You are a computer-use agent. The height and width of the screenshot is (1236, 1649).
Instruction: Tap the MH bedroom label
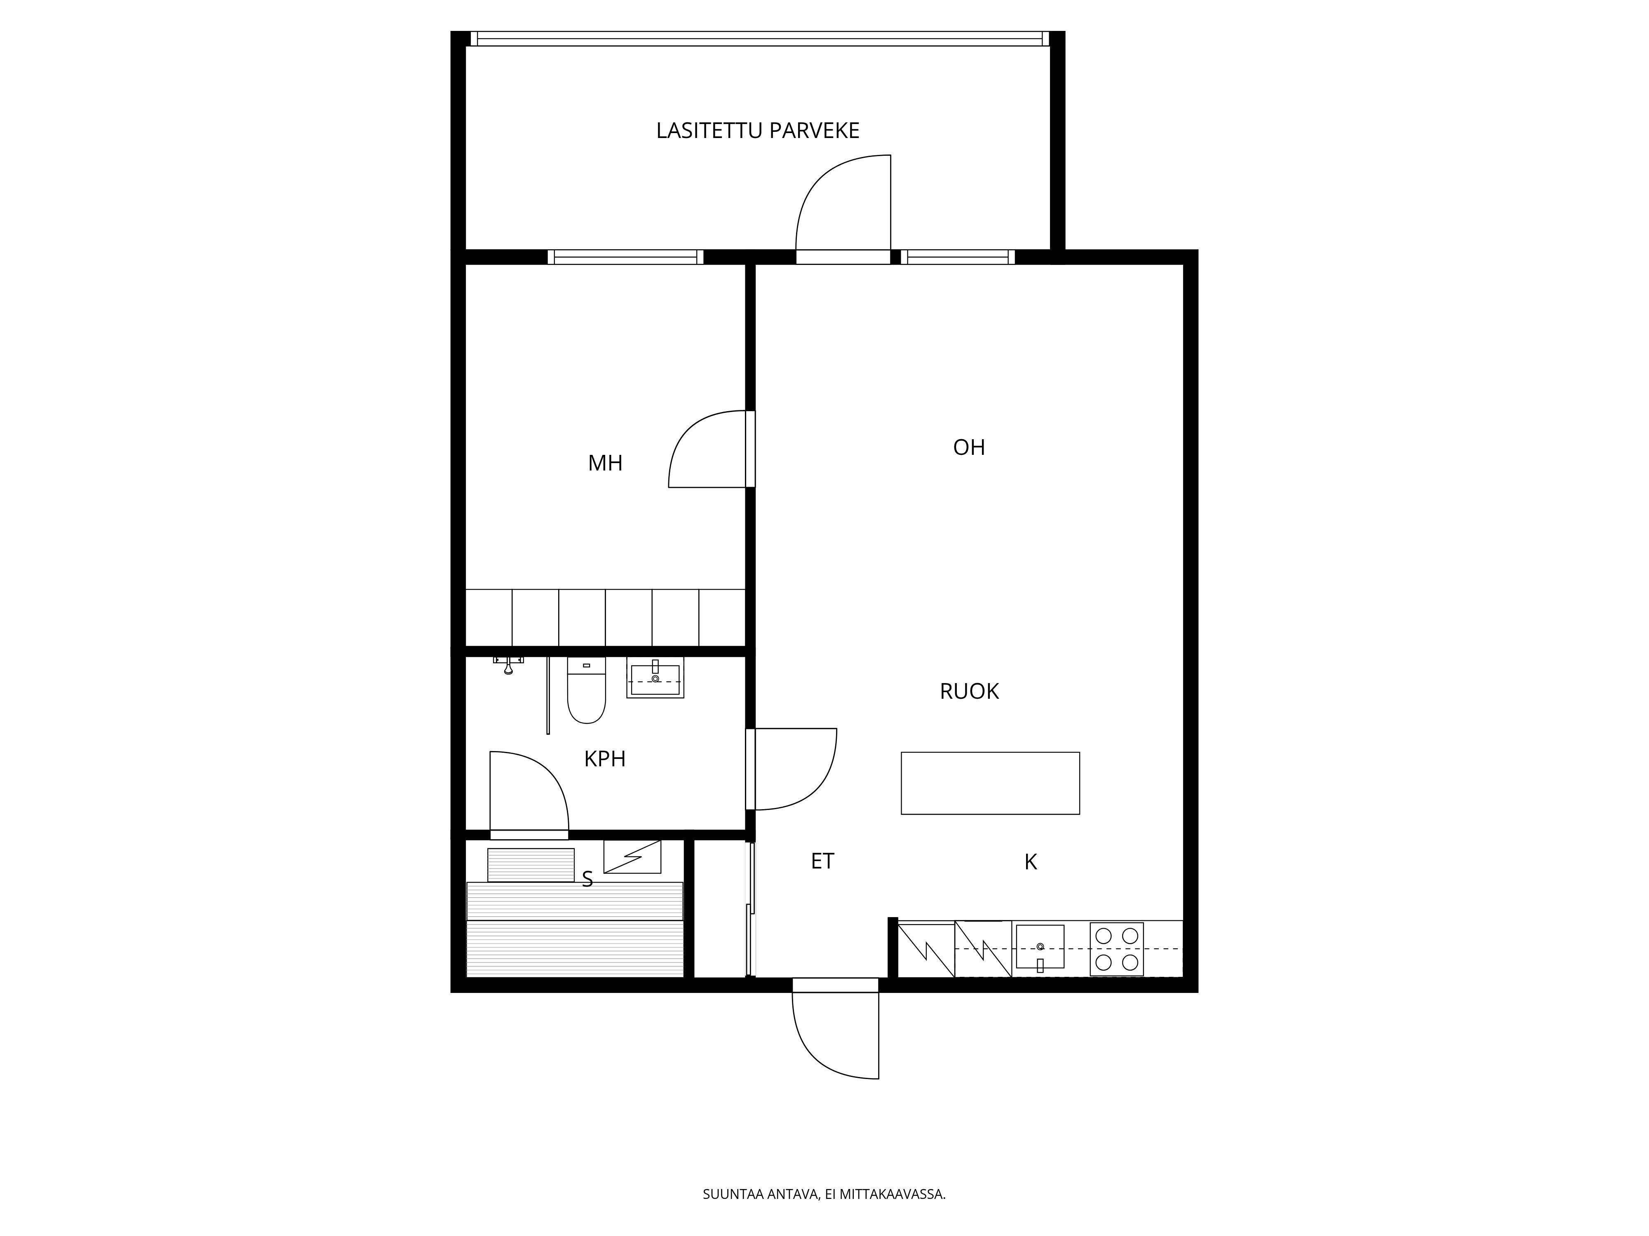(x=605, y=463)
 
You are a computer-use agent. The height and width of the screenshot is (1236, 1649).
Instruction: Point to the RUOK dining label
(x=969, y=691)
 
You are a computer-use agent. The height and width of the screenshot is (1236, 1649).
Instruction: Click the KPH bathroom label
(x=605, y=759)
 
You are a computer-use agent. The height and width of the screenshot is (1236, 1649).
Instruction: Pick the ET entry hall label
(x=822, y=861)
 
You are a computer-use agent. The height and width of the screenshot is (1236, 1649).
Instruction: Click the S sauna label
(x=587, y=880)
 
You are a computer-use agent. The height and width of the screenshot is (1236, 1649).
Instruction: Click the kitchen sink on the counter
(x=1040, y=948)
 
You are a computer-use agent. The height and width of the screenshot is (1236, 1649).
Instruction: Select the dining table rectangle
(x=990, y=783)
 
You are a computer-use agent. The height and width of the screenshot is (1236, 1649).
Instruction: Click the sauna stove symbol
(x=632, y=857)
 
